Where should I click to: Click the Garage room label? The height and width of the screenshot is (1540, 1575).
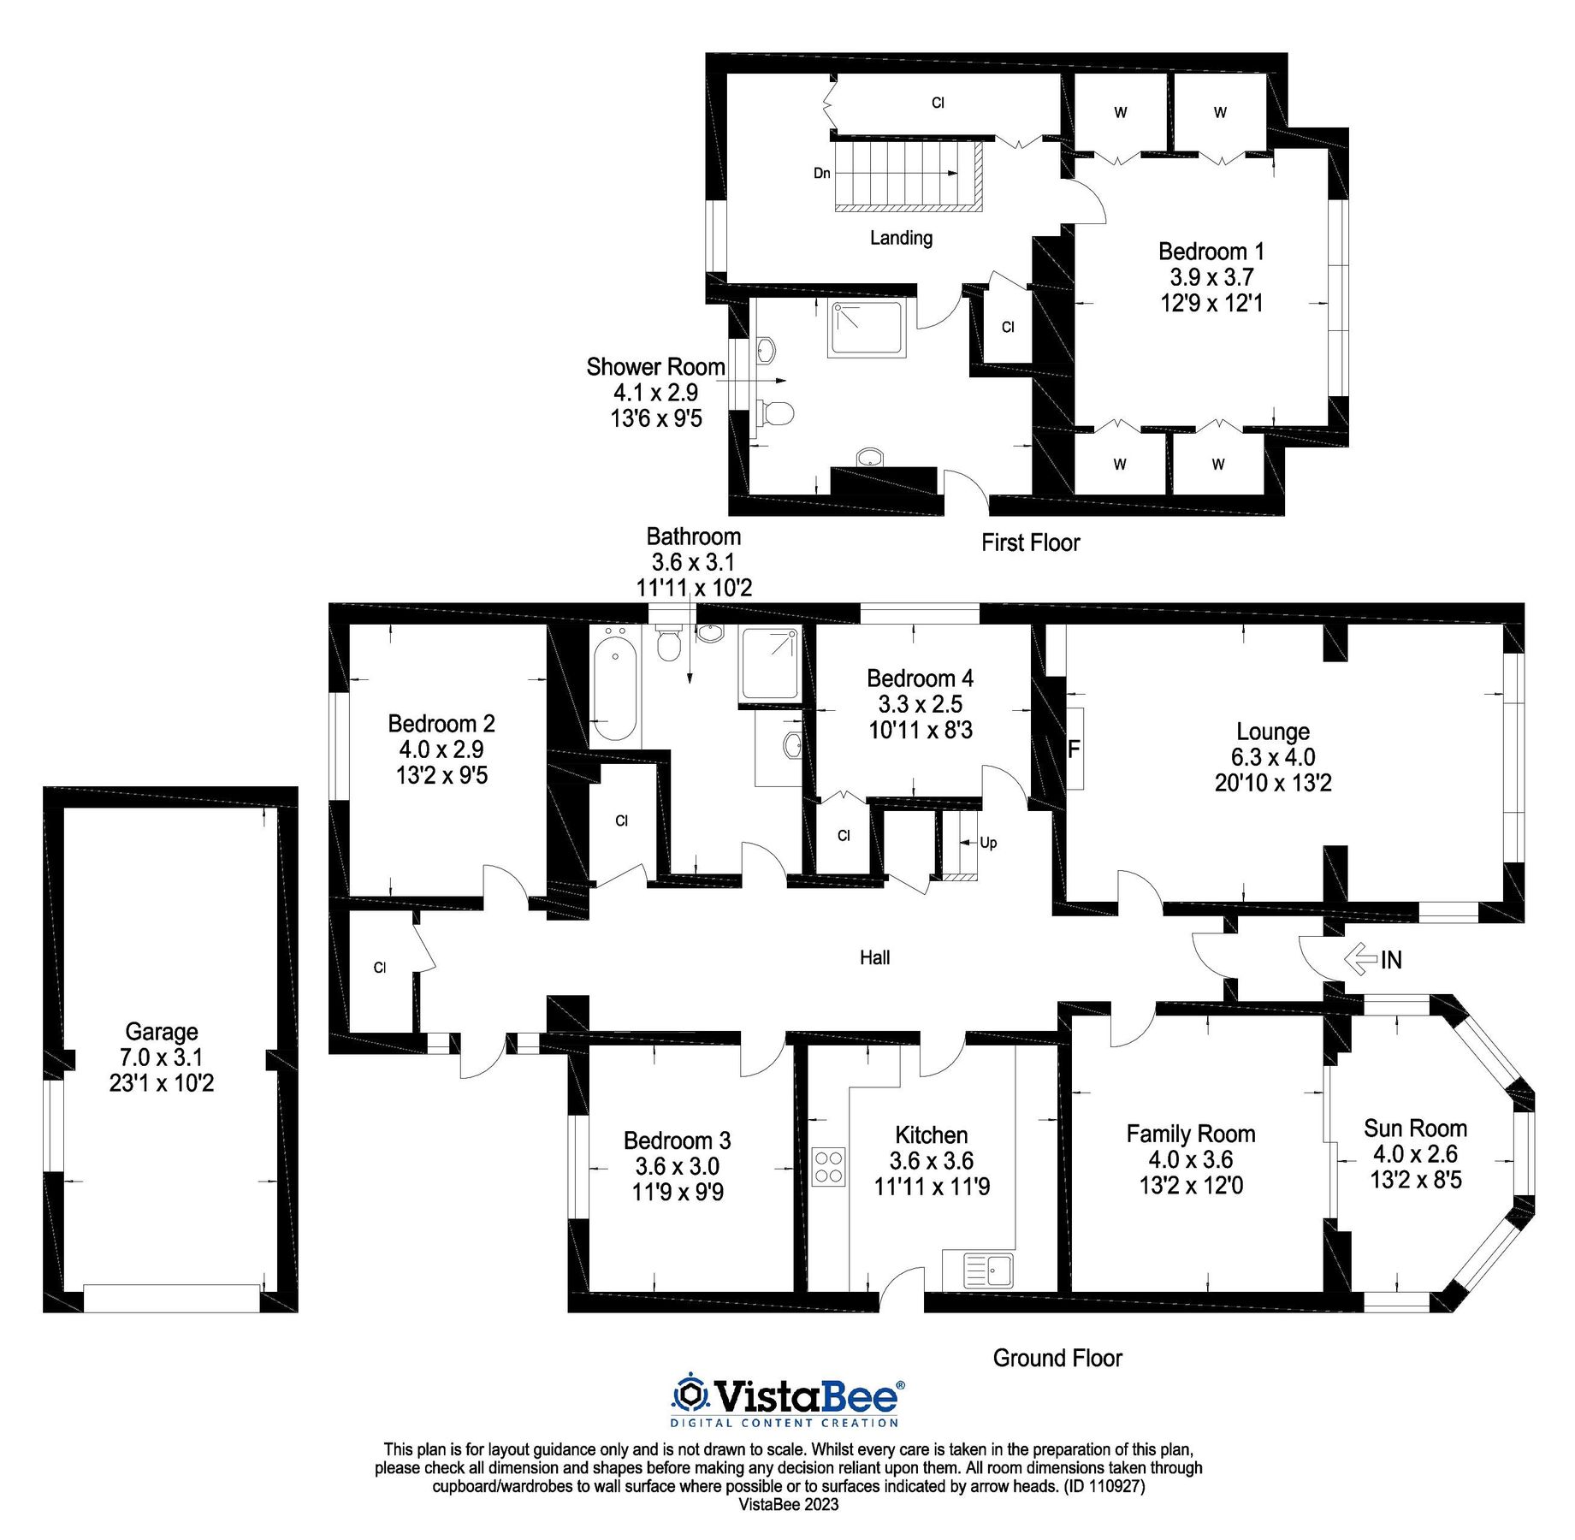point(162,1031)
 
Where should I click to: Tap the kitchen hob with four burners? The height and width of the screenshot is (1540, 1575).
point(828,1166)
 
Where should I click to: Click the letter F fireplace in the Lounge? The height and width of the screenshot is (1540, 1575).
point(1074,749)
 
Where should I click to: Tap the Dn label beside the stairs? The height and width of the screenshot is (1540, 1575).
point(822,173)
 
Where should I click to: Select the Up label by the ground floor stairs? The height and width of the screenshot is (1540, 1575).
point(988,843)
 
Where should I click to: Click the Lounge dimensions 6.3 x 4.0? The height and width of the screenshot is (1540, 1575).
point(1273,757)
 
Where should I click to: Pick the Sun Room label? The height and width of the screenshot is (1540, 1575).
point(1416,1128)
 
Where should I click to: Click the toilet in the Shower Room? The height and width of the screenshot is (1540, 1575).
point(775,413)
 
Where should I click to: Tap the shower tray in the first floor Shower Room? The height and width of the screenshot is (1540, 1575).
point(867,329)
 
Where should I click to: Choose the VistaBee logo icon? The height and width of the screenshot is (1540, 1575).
point(690,1395)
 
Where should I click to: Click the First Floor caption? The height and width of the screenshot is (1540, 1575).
point(1031,542)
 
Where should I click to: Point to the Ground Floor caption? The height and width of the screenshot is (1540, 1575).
point(1057,1358)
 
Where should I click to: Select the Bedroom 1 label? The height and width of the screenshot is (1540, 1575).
point(1211,252)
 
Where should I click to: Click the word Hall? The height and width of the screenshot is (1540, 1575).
point(875,957)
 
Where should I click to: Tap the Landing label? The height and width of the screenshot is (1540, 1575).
point(901,238)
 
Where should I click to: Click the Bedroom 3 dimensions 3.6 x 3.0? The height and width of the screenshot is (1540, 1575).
point(678,1166)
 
